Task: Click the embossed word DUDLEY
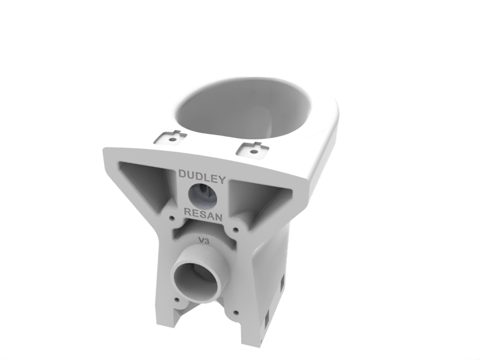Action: click(x=202, y=176)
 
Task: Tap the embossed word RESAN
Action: click(x=203, y=214)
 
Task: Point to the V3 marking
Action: click(x=204, y=241)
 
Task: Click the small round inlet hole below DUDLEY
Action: click(x=203, y=196)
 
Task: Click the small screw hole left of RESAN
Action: click(x=172, y=218)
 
